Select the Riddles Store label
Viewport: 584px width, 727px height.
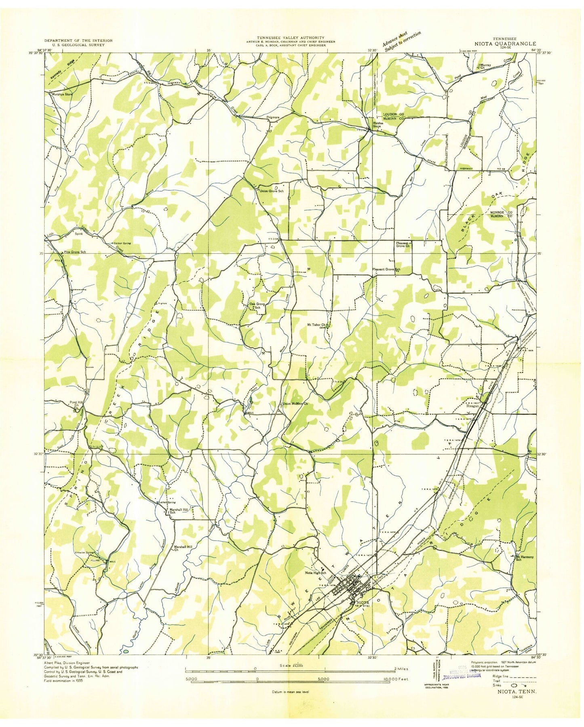[x=377, y=125]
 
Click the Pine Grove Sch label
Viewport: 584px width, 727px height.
[x=75, y=252]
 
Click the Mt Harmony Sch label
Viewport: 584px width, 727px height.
[x=524, y=558]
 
